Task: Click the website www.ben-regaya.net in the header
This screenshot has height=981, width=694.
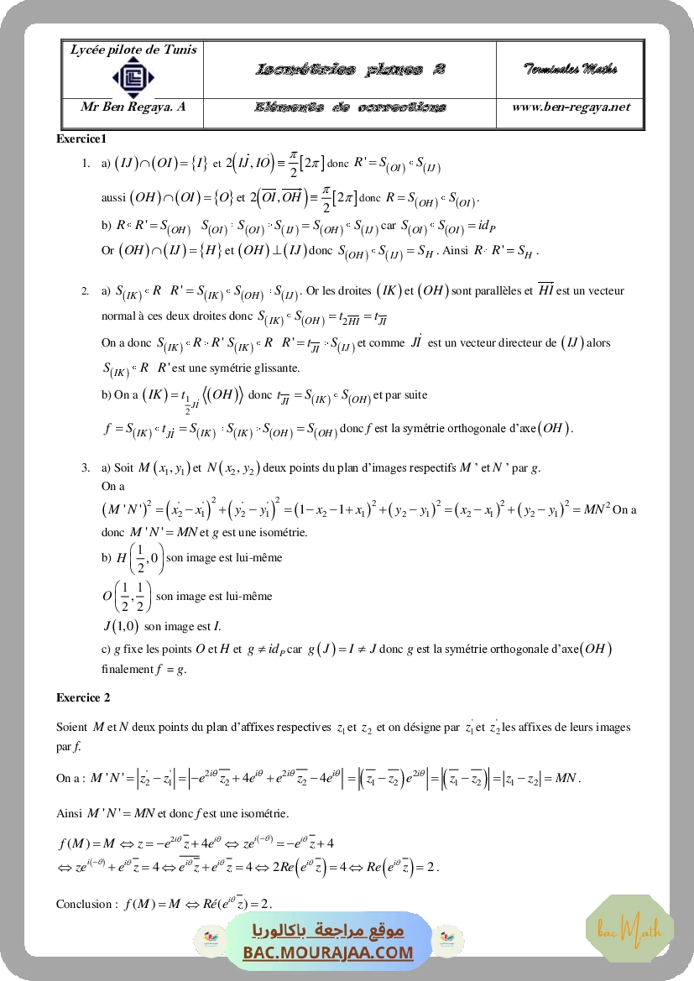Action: [x=571, y=107]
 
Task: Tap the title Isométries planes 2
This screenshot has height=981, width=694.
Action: [x=349, y=70]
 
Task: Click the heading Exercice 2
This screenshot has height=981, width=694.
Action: [x=83, y=697]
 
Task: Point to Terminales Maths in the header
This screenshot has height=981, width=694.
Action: [x=571, y=69]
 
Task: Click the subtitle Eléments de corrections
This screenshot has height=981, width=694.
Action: [x=350, y=107]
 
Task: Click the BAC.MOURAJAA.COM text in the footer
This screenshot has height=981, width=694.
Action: [x=328, y=952]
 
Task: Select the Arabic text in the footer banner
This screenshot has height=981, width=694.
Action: [x=328, y=931]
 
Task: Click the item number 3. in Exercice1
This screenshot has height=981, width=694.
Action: [x=86, y=467]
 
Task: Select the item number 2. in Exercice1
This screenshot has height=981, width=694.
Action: [x=86, y=291]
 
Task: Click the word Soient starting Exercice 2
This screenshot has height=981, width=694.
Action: [x=72, y=727]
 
